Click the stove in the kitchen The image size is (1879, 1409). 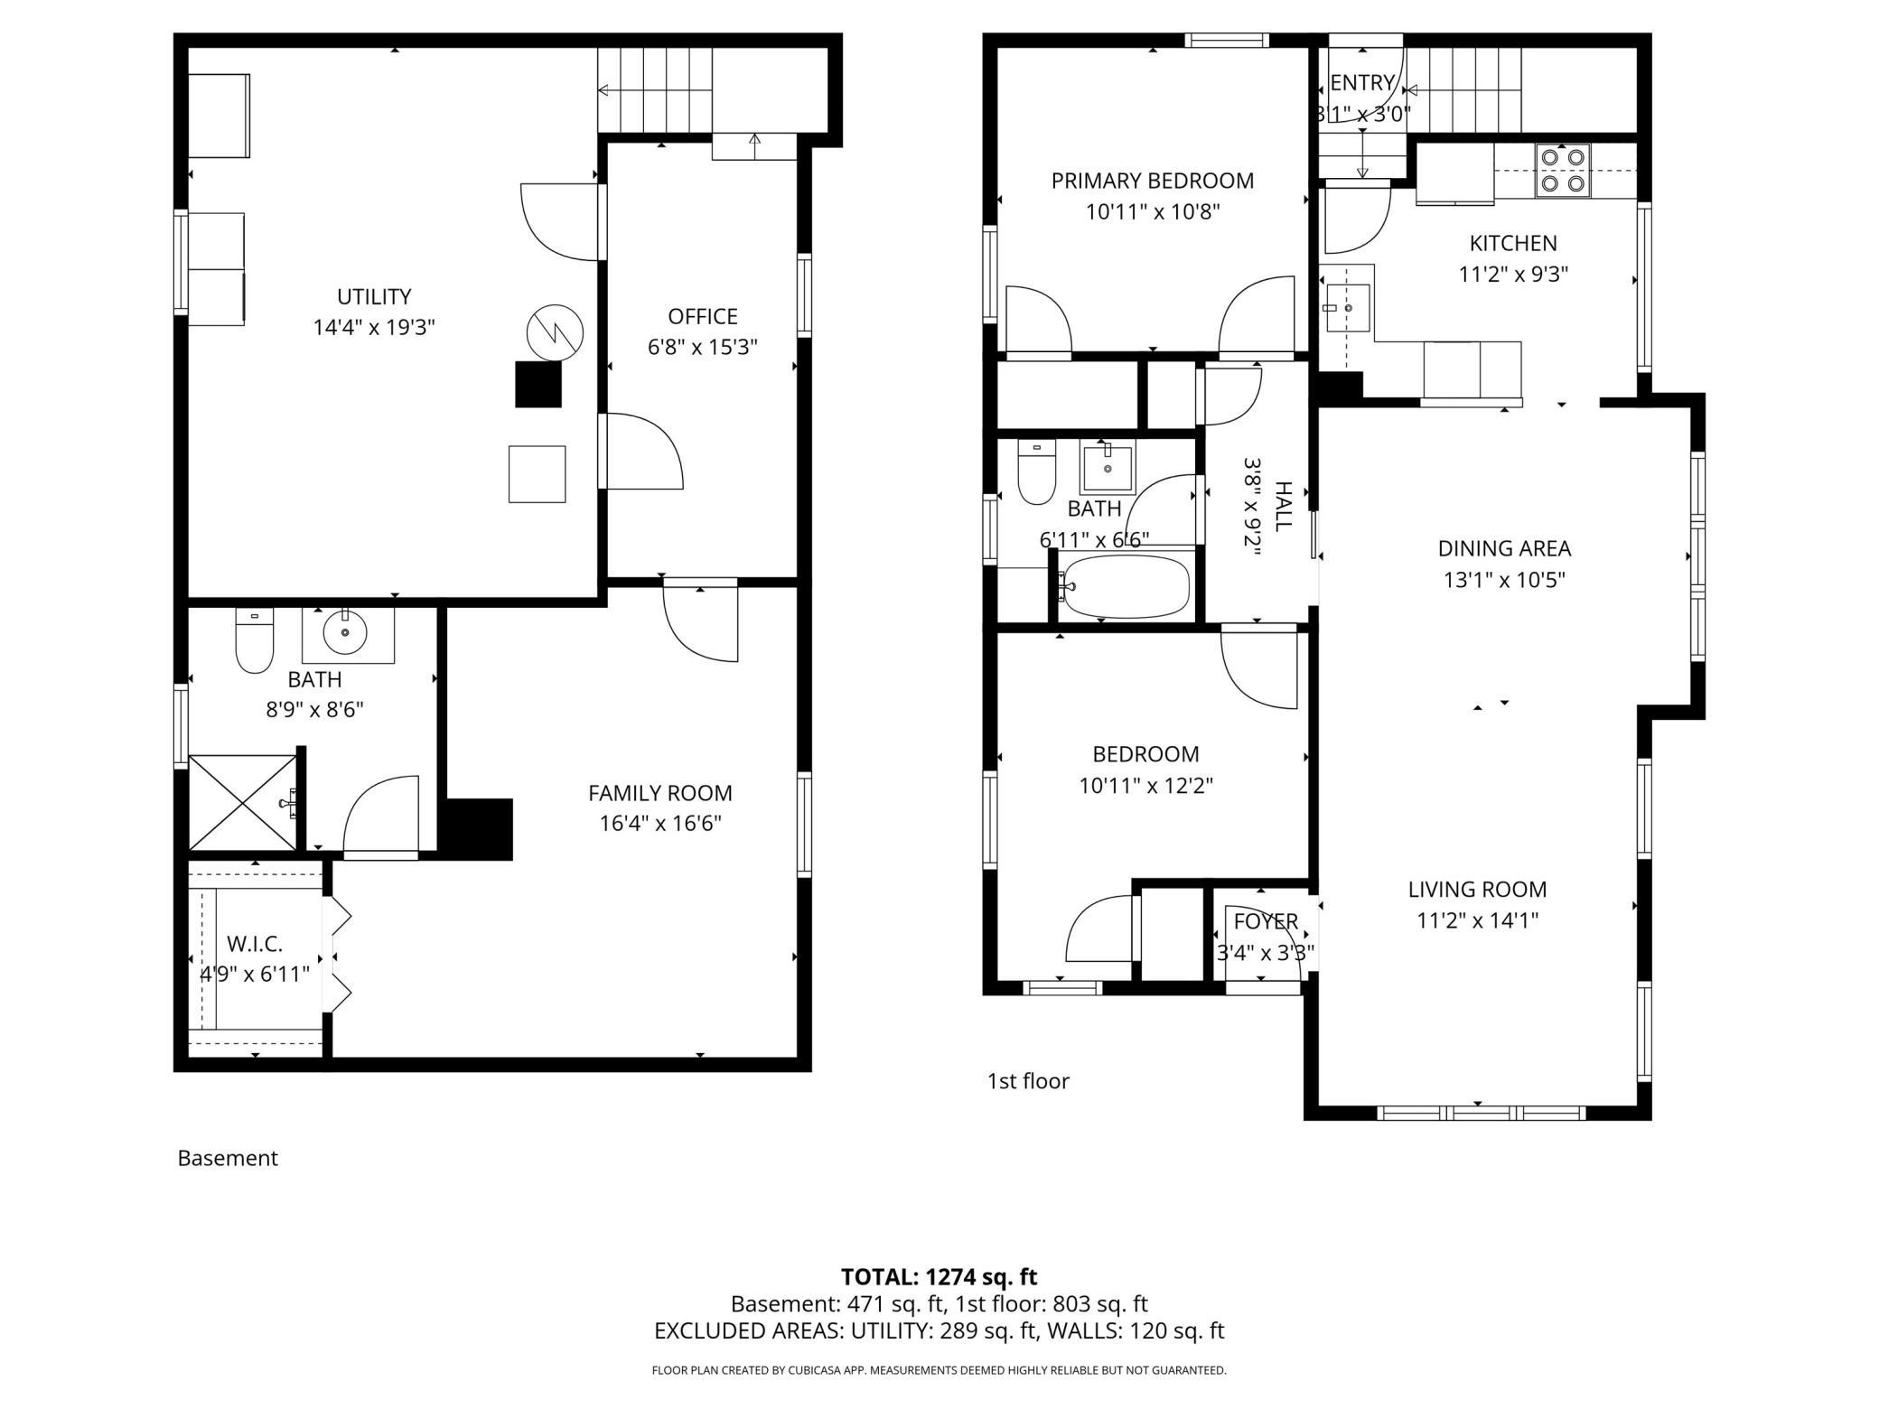coord(1563,170)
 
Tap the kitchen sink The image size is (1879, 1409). coord(1347,308)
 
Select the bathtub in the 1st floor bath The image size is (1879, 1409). coord(1126,586)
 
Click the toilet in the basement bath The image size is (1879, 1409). coord(254,642)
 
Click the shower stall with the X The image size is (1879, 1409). coord(242,802)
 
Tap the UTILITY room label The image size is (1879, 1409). coord(374,296)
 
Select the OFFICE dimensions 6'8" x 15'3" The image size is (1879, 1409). coord(702,347)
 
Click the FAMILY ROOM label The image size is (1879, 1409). coord(659,793)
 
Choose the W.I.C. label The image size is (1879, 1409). coord(255,944)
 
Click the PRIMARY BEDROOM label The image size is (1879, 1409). coord(1152,181)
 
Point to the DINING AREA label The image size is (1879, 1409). coord(1504,548)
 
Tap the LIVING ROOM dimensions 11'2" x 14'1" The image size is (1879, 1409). coord(1477,920)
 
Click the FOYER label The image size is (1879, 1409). coord(1266,921)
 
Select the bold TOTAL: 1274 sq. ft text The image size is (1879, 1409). coord(939,1276)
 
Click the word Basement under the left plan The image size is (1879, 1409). coord(228,1158)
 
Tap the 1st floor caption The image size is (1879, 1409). coord(1028,1081)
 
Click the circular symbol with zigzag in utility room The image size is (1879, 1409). coord(555,332)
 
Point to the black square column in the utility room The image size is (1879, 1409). coord(538,384)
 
